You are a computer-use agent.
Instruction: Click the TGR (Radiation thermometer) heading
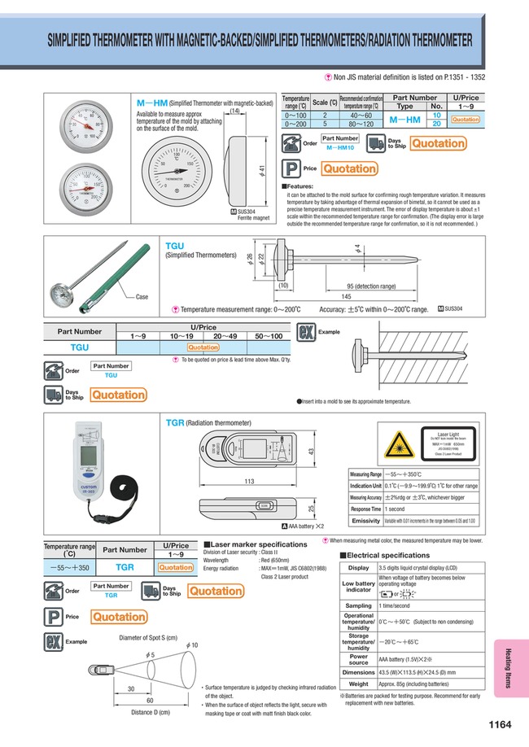(x=208, y=423)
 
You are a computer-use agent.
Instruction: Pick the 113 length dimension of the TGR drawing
(x=244, y=481)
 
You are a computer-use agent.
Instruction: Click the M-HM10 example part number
(x=339, y=149)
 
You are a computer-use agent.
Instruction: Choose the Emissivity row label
(x=365, y=520)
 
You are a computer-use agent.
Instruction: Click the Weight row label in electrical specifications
(x=358, y=684)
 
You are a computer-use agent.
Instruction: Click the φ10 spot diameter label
(x=192, y=644)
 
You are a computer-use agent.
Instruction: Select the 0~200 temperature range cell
(x=295, y=124)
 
